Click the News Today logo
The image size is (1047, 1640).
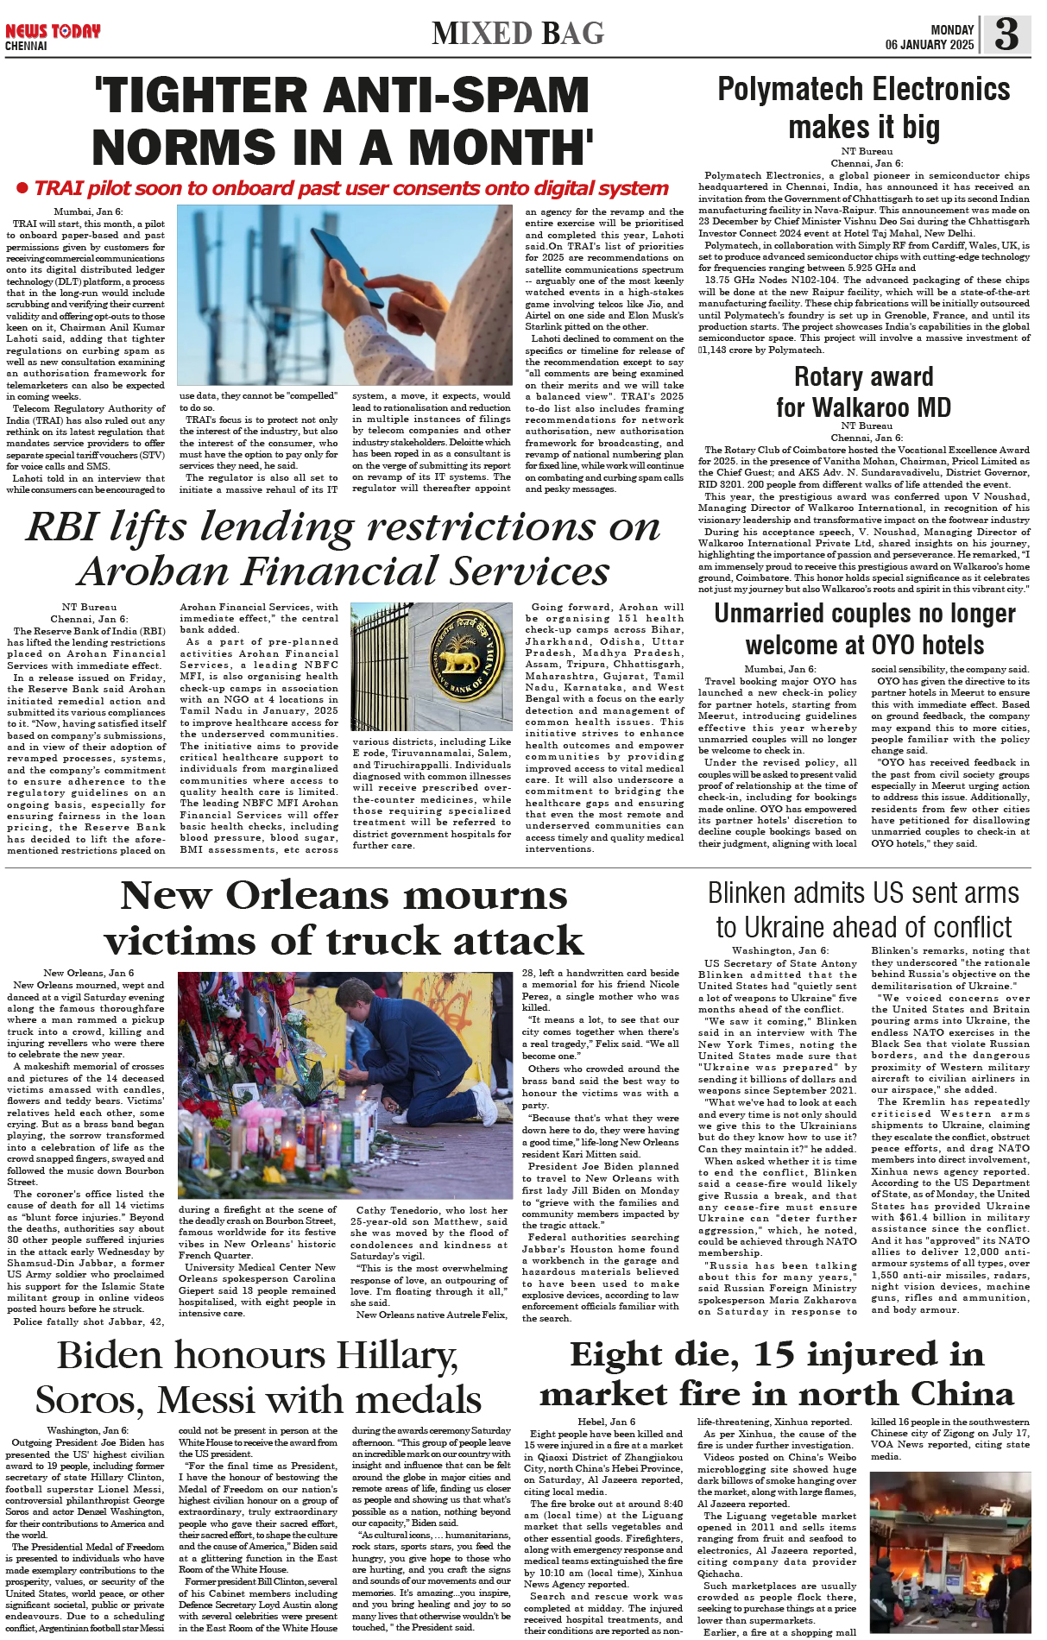[53, 32]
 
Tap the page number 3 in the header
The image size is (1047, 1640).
[1006, 34]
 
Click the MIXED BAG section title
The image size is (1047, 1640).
[518, 34]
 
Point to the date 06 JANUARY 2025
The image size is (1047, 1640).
[929, 45]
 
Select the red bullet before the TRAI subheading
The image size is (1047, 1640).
[22, 188]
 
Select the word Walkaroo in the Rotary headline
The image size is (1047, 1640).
[864, 407]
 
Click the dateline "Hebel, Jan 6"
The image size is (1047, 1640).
[606, 1422]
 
